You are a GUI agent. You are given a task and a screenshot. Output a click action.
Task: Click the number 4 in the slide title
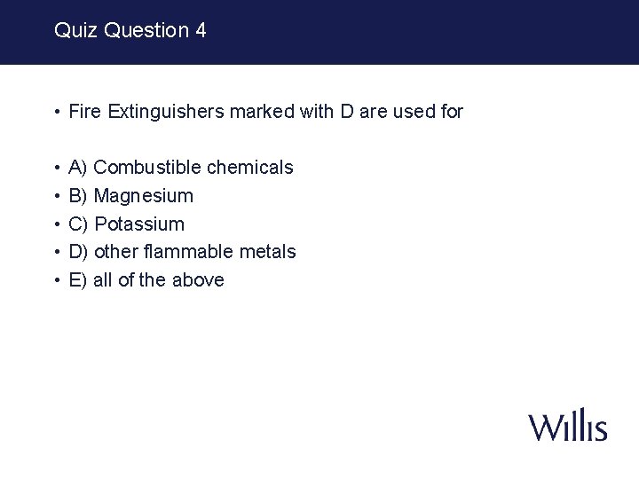pyautogui.click(x=201, y=30)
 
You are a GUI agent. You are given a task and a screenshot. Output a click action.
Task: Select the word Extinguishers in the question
pyautogui.click(x=166, y=112)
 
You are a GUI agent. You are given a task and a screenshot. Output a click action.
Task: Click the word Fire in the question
pyautogui.click(x=85, y=112)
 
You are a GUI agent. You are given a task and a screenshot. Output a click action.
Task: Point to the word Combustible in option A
pyautogui.click(x=147, y=167)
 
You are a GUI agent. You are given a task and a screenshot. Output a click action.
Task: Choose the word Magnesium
pyautogui.click(x=143, y=195)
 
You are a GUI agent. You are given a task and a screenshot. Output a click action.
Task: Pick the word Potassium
pyautogui.click(x=139, y=224)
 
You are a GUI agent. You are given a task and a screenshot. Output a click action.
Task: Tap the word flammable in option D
pyautogui.click(x=199, y=252)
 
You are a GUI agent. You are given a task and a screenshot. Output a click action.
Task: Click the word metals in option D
pyautogui.click(x=269, y=252)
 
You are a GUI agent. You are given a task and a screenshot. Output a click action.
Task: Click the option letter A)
pyautogui.click(x=78, y=167)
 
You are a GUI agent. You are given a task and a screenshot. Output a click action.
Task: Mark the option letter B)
pyautogui.click(x=78, y=195)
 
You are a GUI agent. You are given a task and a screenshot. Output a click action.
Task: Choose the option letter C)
pyautogui.click(x=78, y=224)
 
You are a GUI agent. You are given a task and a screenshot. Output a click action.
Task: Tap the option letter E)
pyautogui.click(x=78, y=280)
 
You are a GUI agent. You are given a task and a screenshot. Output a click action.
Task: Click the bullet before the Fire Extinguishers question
pyautogui.click(x=56, y=113)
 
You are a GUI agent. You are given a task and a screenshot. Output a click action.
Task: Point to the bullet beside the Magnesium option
pyautogui.click(x=56, y=196)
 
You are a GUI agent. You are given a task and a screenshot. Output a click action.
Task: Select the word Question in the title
pyautogui.click(x=146, y=30)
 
